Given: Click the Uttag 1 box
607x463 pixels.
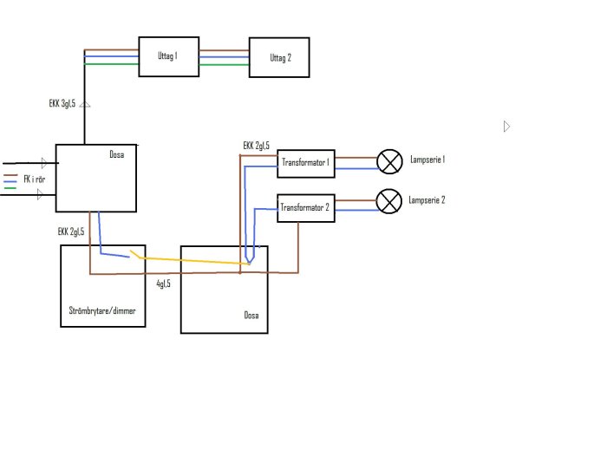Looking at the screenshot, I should [x=168, y=56].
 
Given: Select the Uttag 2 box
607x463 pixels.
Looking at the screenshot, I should [x=278, y=58].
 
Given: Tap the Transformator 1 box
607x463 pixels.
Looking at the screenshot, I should [x=305, y=163].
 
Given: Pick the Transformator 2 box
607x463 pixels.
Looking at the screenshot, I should [x=305, y=208].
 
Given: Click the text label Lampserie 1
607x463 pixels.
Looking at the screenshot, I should [x=427, y=160].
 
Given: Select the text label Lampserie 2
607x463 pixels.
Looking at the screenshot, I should [x=427, y=199].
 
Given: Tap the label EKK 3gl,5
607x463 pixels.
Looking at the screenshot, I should [x=62, y=103].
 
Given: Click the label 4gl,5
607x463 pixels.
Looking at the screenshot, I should [x=163, y=284].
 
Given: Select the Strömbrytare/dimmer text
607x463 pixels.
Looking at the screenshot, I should [x=102, y=310].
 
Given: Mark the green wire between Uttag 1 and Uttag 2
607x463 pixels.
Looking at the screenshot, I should [x=224, y=64].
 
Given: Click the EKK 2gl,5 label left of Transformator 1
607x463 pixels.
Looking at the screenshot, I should [x=256, y=145].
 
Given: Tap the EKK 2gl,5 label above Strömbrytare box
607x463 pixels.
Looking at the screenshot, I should [x=71, y=231].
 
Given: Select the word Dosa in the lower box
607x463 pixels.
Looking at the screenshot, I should [x=251, y=315].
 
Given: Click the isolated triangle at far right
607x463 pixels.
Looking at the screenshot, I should [x=507, y=127].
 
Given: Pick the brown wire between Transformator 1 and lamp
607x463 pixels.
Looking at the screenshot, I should [x=356, y=158].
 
